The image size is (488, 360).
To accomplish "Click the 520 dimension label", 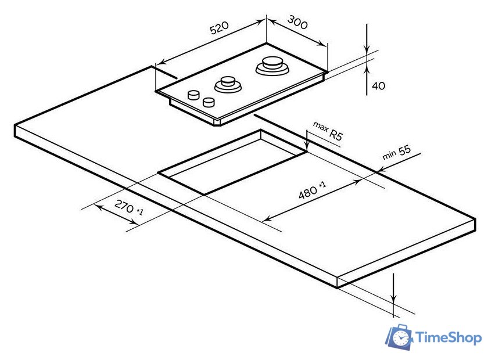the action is pyautogui.click(x=220, y=28).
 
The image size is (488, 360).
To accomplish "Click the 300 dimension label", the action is pyautogui.click(x=297, y=22).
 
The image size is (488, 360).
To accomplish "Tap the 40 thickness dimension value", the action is pyautogui.click(x=378, y=85).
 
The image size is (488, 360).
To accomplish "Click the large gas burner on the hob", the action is pyautogui.click(x=272, y=66).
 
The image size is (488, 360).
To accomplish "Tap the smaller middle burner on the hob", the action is pyautogui.click(x=228, y=84).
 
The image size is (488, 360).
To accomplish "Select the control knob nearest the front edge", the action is pyautogui.click(x=209, y=102).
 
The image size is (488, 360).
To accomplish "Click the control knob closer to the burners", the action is pyautogui.click(x=193, y=95).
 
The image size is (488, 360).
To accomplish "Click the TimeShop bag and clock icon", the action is pyautogui.click(x=400, y=337).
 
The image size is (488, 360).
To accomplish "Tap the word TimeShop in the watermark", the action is pyautogui.click(x=448, y=337).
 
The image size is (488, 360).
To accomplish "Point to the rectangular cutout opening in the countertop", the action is pyautogui.click(x=232, y=162).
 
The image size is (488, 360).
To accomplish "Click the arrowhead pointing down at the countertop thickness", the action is pyautogui.click(x=394, y=298).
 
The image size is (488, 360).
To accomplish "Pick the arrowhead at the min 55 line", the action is pyautogui.click(x=381, y=170).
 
